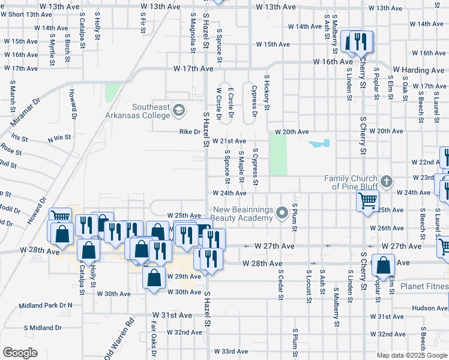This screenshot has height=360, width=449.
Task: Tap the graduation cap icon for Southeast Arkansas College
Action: point(178,110)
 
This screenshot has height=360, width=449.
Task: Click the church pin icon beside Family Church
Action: point(387,181)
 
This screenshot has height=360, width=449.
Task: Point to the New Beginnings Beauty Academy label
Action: point(243,214)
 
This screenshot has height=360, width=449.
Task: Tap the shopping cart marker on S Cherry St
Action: point(367,200)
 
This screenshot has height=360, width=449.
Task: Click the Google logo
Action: point(20,353)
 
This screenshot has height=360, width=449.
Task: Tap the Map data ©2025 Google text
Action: point(411,355)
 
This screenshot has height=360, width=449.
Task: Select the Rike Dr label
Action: point(188,132)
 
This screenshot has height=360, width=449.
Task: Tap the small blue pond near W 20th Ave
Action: point(319,144)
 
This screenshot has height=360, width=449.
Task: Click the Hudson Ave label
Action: point(430,308)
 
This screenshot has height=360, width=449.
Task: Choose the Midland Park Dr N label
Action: point(46,305)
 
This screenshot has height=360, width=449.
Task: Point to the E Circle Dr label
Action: point(231,103)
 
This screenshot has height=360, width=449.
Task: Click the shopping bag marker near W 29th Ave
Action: point(154,277)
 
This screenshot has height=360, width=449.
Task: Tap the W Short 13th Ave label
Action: point(28,14)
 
